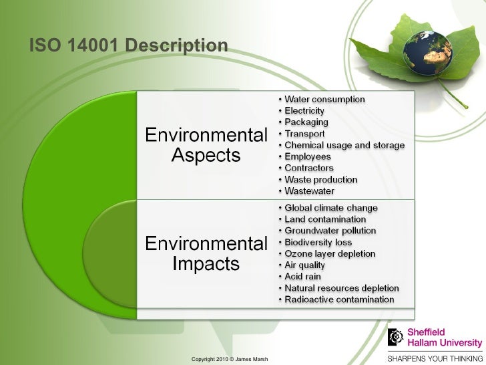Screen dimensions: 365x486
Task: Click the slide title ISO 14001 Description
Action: pyautogui.click(x=128, y=45)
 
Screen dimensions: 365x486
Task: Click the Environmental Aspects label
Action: pyautogui.click(x=206, y=145)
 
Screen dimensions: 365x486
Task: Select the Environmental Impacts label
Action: pyautogui.click(x=206, y=252)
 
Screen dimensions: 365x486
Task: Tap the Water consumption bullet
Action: pyautogui.click(x=324, y=100)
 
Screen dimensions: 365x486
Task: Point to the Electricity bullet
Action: pyautogui.click(x=304, y=111)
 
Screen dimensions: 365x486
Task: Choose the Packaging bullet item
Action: pyautogui.click(x=306, y=122)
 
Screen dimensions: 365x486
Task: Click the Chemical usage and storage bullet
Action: pyautogui.click(x=344, y=145)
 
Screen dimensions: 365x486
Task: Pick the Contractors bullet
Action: pyautogui.click(x=309, y=168)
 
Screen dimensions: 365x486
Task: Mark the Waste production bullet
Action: pyautogui.click(x=320, y=180)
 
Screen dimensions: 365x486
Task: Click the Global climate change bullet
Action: pyautogui.click(x=331, y=208)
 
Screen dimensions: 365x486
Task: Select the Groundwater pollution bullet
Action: pyautogui.click(x=330, y=231)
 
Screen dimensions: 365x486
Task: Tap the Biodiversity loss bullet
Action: pyautogui.click(x=318, y=242)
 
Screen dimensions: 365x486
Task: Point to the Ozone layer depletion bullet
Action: pyautogui.click(x=330, y=254)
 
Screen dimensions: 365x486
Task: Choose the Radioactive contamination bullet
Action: pyautogui.click(x=339, y=299)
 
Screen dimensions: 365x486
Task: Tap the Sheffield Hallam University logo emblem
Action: pyautogui.click(x=398, y=337)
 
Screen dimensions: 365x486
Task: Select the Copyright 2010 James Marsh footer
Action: pyautogui.click(x=229, y=360)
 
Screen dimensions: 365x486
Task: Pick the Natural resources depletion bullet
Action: pyautogui.click(x=341, y=288)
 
